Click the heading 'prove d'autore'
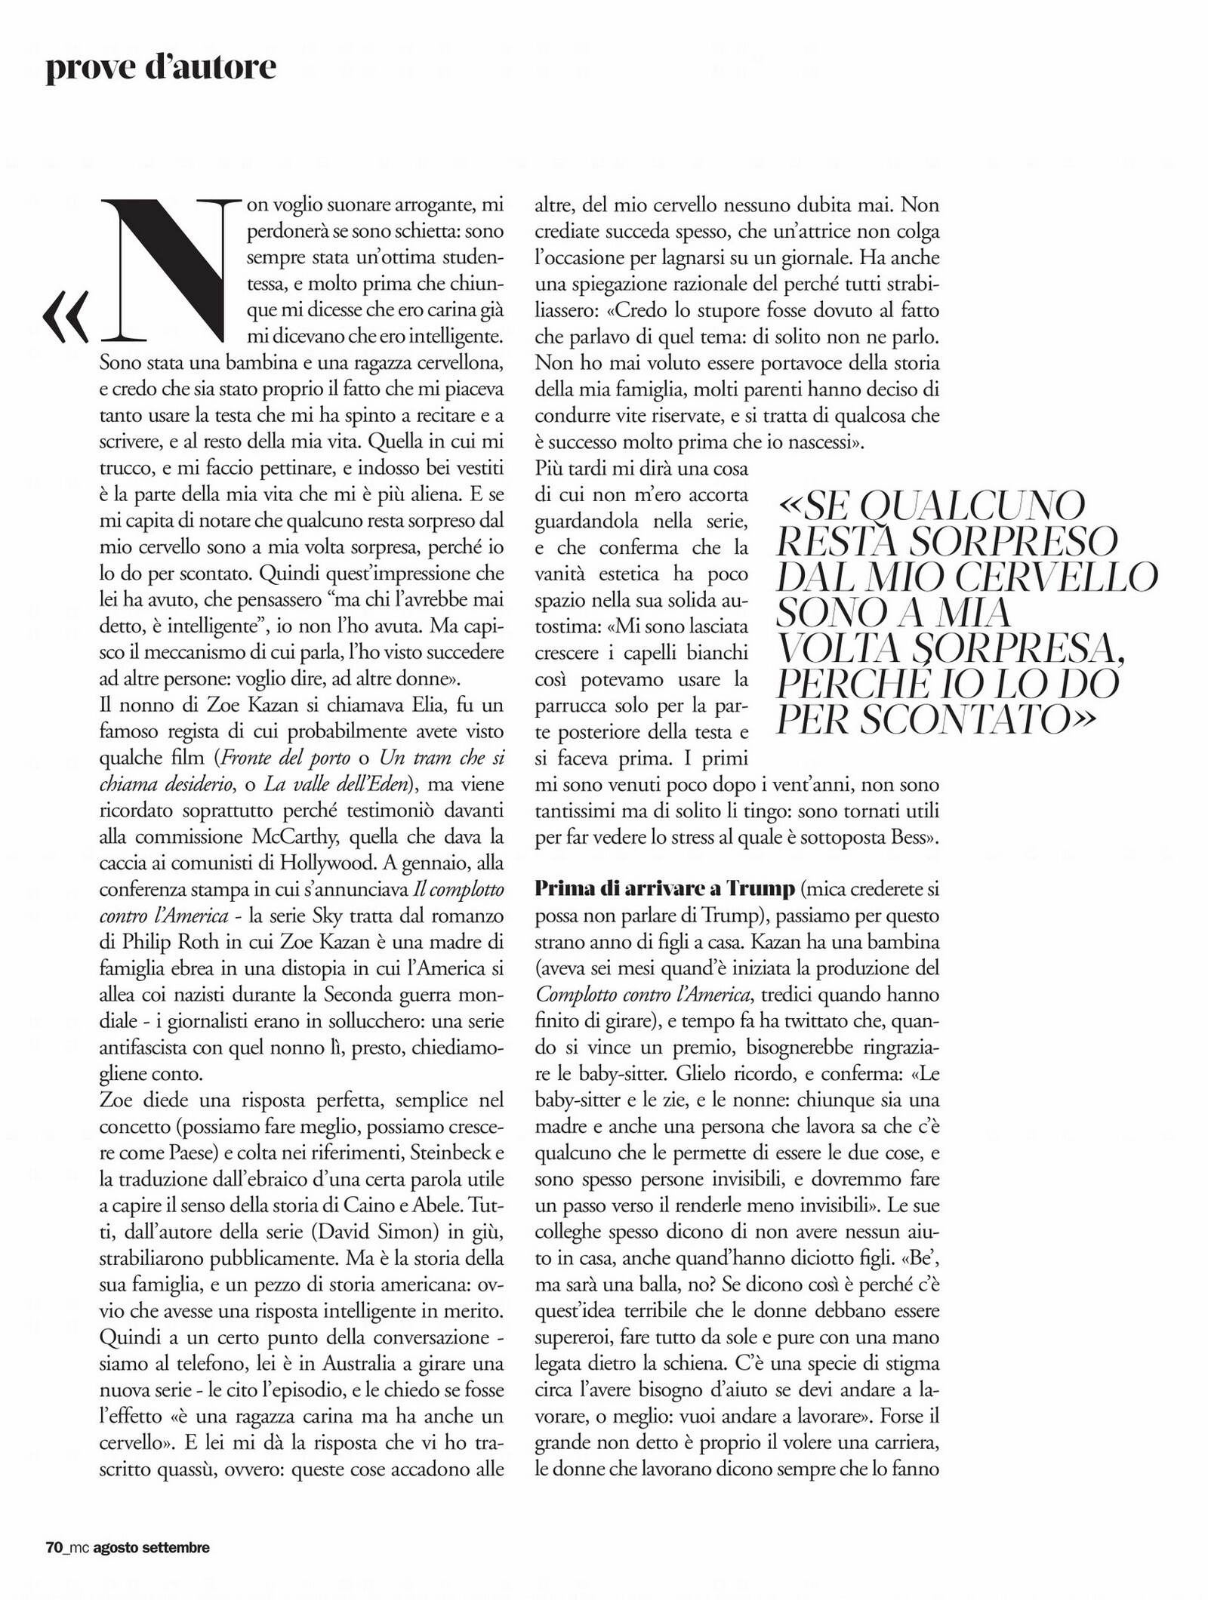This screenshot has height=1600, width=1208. [x=161, y=68]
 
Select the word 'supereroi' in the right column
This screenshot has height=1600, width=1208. [x=571, y=1337]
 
